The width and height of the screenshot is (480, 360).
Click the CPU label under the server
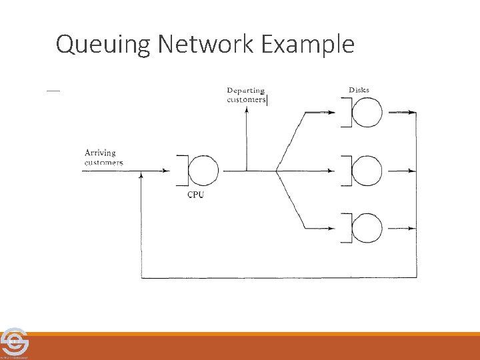(x=195, y=195)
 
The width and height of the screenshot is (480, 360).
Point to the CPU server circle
(x=203, y=171)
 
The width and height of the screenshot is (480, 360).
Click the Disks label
(x=359, y=90)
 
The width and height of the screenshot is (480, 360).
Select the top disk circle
(x=367, y=113)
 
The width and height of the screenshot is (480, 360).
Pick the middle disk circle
(x=367, y=171)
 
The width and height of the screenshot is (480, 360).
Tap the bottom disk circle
(x=367, y=229)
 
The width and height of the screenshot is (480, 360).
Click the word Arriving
(x=100, y=153)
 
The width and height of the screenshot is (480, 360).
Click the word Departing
(x=245, y=91)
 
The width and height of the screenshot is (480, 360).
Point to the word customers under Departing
(x=246, y=100)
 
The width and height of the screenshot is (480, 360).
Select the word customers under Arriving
(x=103, y=163)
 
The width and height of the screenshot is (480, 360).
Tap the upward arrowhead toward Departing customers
(x=247, y=111)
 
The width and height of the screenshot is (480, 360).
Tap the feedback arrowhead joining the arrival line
(x=141, y=176)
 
